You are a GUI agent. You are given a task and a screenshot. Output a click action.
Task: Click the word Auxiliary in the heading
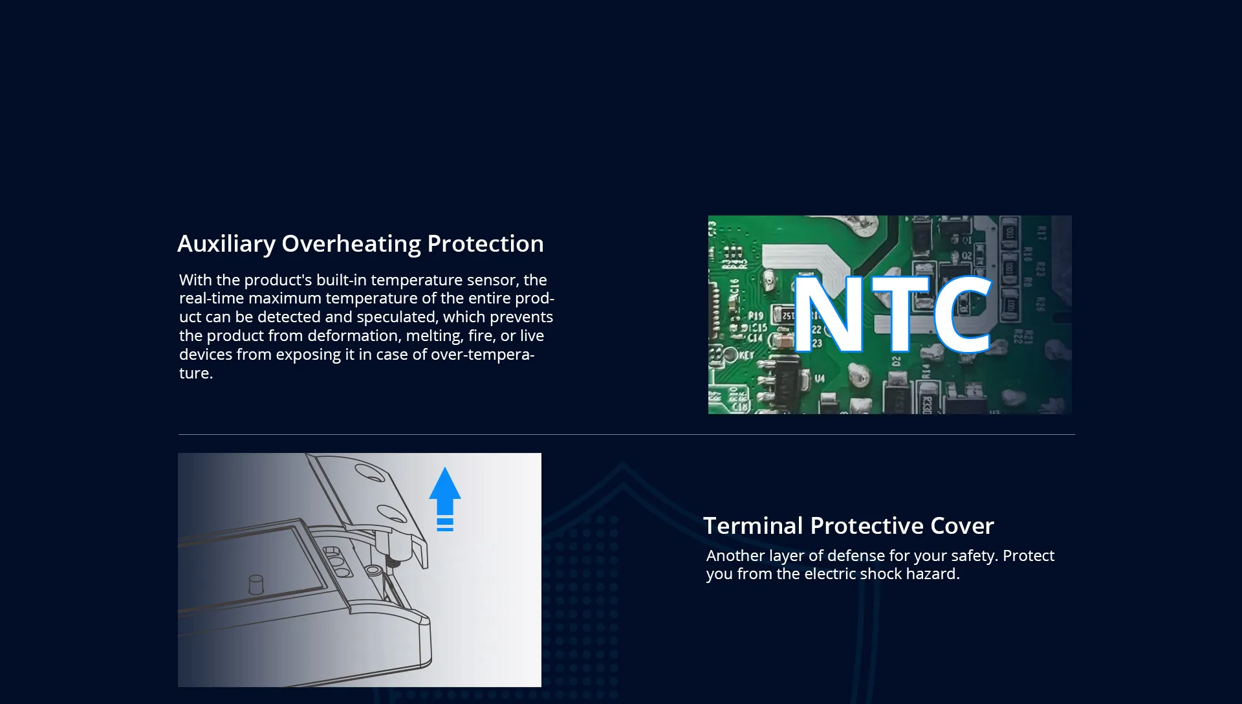coord(226,245)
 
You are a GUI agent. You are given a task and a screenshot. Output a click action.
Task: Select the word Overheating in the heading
coord(351,245)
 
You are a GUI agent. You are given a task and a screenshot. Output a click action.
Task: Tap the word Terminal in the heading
coord(754,525)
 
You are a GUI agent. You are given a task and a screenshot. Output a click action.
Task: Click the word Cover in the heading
coord(962,525)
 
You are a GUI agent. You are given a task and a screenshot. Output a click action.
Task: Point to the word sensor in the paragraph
coord(490,280)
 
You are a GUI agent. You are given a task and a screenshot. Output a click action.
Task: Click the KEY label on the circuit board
coord(746,355)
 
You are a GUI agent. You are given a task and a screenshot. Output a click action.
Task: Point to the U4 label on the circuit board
coord(820,379)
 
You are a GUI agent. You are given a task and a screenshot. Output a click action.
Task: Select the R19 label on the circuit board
coord(756,316)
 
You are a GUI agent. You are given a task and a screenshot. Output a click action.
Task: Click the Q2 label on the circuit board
coord(966,256)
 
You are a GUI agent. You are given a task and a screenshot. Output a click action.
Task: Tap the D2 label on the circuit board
coord(897,362)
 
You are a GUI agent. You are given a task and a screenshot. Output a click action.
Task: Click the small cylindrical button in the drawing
coord(256,584)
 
